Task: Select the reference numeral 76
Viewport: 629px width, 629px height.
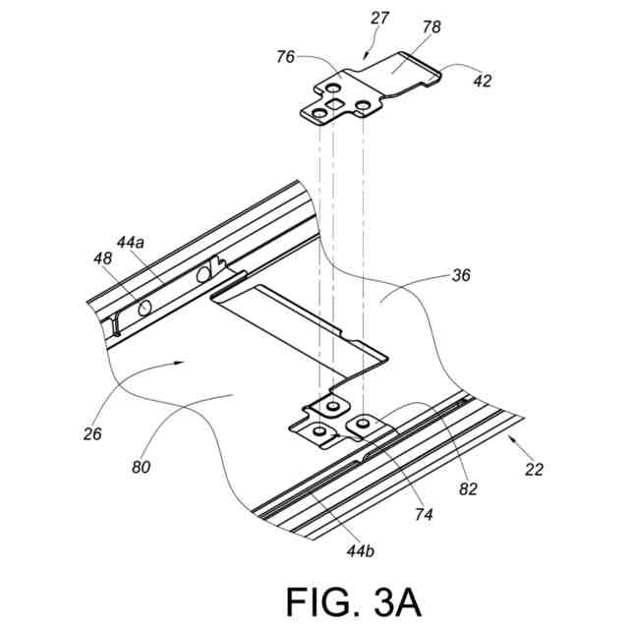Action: pos(285,58)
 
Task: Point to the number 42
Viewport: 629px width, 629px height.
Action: pos(483,82)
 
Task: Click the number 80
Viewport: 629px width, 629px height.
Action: pos(143,468)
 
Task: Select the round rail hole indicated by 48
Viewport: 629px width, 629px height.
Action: pos(145,309)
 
